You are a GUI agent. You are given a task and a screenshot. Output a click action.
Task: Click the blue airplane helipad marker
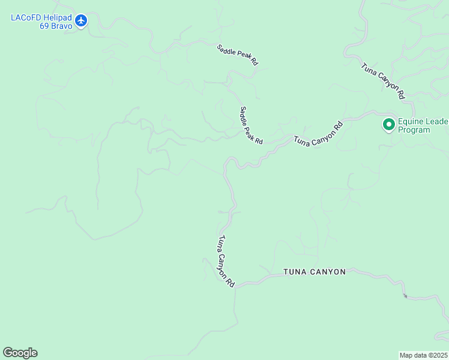(82, 21)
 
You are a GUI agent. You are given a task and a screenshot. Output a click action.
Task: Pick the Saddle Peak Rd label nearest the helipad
(238, 53)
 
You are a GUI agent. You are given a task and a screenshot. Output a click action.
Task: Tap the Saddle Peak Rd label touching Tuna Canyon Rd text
(251, 125)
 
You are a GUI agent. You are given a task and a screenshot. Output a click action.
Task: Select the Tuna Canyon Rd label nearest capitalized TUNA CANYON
(226, 261)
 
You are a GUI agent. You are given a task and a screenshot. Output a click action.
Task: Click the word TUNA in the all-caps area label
(295, 272)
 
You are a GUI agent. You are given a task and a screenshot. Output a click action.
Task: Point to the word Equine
(411, 122)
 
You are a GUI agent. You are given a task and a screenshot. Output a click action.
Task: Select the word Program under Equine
(414, 130)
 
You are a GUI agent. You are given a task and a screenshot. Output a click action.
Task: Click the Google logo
(20, 353)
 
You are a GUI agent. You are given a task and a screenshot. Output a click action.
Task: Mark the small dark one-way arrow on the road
(406, 295)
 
